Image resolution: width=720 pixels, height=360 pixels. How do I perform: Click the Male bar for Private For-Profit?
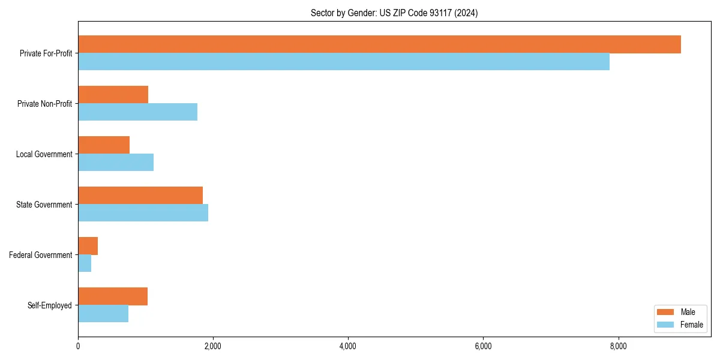pyautogui.click(x=379, y=44)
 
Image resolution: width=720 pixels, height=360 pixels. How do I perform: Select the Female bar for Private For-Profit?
pyautogui.click(x=344, y=62)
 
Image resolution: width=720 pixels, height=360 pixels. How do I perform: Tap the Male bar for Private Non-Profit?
pyautogui.click(x=113, y=95)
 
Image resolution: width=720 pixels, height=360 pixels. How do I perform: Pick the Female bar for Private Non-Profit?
pyautogui.click(x=137, y=112)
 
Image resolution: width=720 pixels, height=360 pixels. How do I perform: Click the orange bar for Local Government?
pyautogui.click(x=104, y=145)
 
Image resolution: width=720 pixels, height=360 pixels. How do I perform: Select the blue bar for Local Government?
pyautogui.click(x=116, y=163)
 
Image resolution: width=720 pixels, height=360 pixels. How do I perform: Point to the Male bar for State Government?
pyautogui.click(x=140, y=196)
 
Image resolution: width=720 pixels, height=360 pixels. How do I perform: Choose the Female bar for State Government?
pyautogui.click(x=143, y=213)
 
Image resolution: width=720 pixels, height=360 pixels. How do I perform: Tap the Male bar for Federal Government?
pyautogui.click(x=88, y=246)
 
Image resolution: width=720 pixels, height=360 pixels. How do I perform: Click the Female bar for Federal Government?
pyautogui.click(x=85, y=263)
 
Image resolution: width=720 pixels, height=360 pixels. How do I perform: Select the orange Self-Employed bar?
pyautogui.click(x=113, y=296)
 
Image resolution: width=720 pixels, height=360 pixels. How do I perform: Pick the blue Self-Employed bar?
pyautogui.click(x=103, y=314)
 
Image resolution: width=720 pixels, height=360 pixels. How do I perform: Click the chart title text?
pyautogui.click(x=394, y=13)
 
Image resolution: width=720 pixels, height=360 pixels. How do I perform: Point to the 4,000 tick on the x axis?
pyautogui.click(x=348, y=346)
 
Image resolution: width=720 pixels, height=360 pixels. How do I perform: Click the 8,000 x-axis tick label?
pyautogui.click(x=618, y=346)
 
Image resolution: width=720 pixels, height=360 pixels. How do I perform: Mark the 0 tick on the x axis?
pyautogui.click(x=78, y=346)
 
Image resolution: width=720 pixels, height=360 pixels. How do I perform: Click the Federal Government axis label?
pyautogui.click(x=41, y=255)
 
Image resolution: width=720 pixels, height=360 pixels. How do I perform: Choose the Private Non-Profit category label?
pyautogui.click(x=44, y=104)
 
